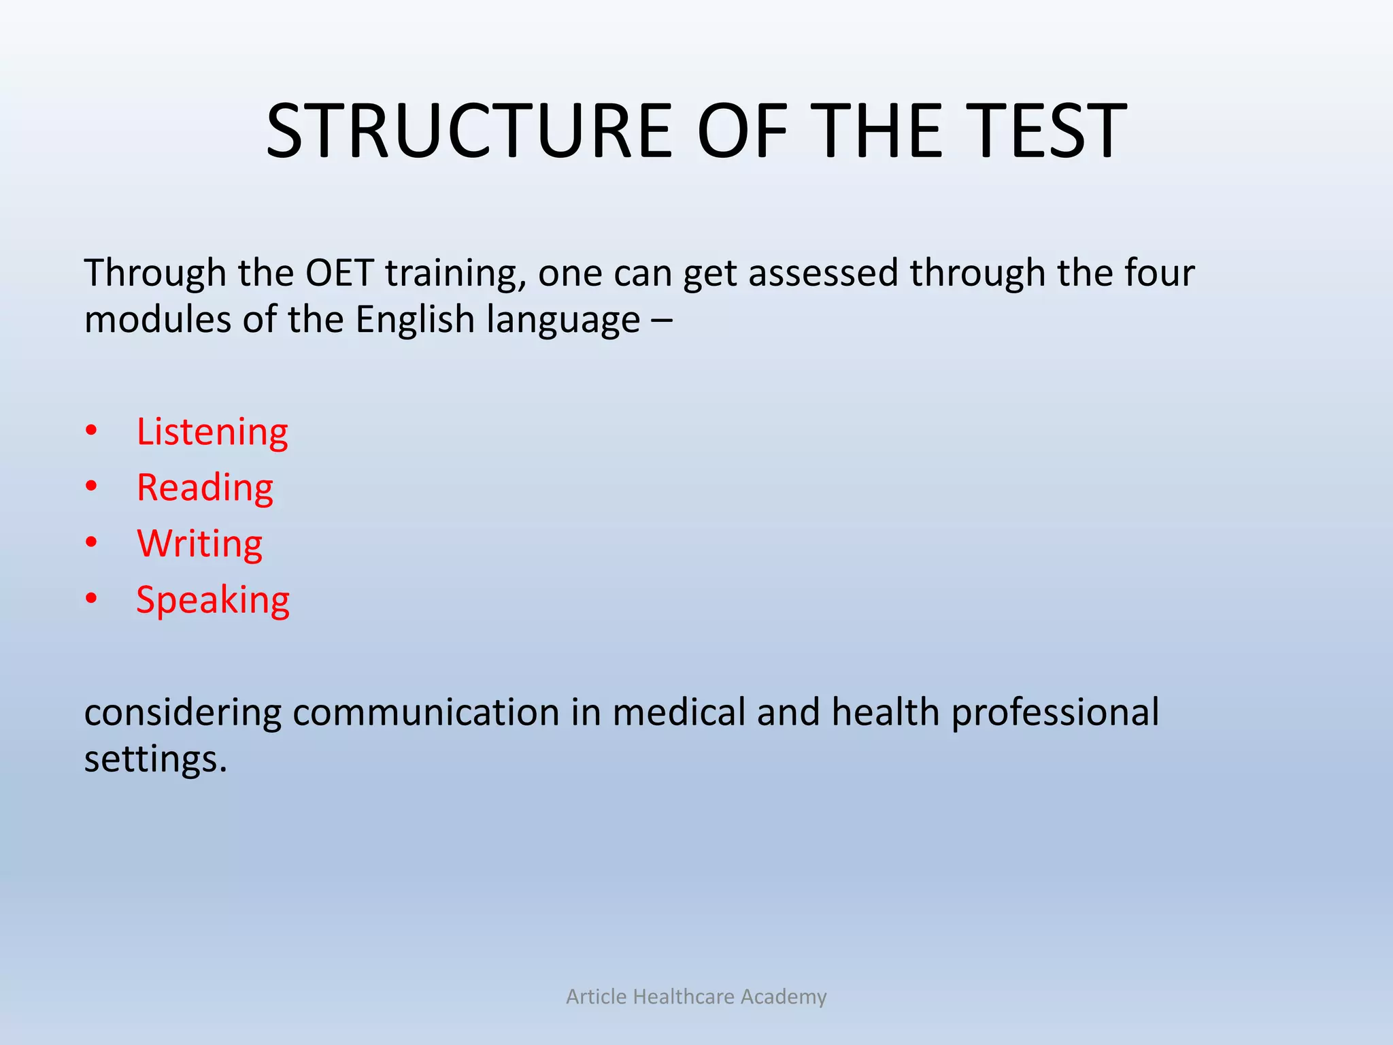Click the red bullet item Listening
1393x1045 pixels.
pos(212,433)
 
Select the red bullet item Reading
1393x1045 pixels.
pos(205,488)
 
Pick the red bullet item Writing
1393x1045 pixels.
pos(199,544)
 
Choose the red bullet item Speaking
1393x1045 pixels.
pos(213,601)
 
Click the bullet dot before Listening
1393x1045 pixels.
pos(92,431)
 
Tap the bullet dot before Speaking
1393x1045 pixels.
pos(92,599)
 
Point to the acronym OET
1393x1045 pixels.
pos(339,273)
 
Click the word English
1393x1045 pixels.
pos(415,320)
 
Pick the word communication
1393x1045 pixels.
pos(426,712)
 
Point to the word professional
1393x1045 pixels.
pos(1055,714)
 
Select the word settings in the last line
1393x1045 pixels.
pos(154,759)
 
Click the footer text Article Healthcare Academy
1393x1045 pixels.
pos(696,997)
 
